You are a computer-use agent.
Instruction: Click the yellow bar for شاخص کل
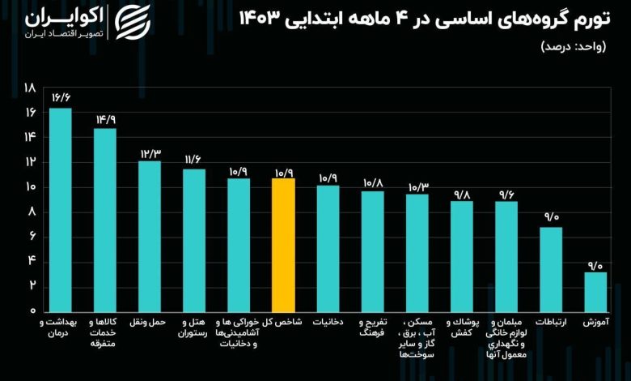click(283, 243)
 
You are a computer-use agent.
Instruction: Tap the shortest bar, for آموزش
click(595, 291)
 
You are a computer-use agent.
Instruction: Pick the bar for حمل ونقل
click(150, 235)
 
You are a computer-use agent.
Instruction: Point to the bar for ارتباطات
click(551, 268)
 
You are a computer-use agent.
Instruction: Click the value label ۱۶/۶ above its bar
click(61, 97)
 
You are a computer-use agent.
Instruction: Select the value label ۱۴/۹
click(105, 118)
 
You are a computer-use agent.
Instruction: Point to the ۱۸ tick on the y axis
click(30, 88)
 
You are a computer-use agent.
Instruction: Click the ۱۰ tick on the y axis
click(30, 187)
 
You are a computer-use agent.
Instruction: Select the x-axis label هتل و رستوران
click(194, 327)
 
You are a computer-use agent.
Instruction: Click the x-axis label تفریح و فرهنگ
click(372, 327)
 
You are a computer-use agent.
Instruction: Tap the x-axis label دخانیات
click(328, 322)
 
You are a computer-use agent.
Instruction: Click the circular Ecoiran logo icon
click(132, 24)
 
